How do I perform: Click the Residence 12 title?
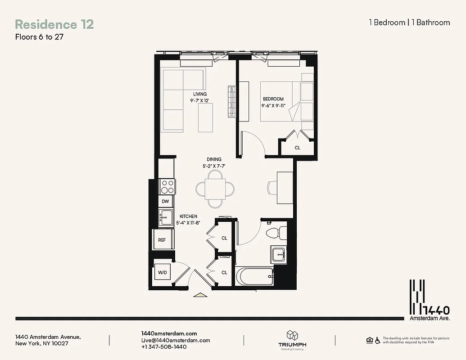click(x=54, y=24)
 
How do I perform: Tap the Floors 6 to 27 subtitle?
click(x=39, y=37)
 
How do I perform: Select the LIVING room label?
click(x=200, y=94)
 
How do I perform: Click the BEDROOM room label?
click(x=273, y=99)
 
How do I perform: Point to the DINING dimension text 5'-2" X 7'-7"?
click(x=214, y=166)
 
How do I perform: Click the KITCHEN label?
click(x=188, y=216)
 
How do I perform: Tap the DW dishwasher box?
click(x=166, y=202)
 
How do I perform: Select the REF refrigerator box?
click(x=162, y=240)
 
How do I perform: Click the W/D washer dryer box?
click(x=162, y=272)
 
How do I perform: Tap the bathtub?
click(x=255, y=276)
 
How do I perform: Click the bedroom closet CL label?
click(x=298, y=148)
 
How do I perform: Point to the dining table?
click(x=215, y=189)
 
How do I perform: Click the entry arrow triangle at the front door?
click(x=200, y=295)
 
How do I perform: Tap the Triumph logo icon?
click(x=292, y=335)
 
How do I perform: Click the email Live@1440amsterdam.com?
click(x=176, y=340)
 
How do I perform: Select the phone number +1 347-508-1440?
click(x=164, y=347)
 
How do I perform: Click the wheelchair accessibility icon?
click(x=377, y=340)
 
